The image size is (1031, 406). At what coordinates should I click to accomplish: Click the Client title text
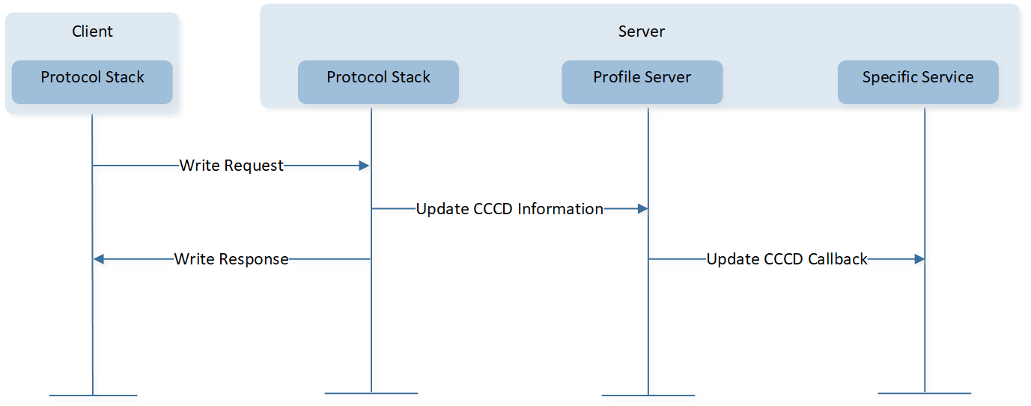[92, 31]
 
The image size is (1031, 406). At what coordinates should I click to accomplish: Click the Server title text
[641, 31]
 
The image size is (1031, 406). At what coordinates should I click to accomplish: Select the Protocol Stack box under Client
[92, 82]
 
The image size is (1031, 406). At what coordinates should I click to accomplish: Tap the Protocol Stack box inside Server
[378, 82]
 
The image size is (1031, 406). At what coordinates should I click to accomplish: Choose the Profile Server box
[642, 82]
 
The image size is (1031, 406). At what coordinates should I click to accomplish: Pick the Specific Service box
[918, 82]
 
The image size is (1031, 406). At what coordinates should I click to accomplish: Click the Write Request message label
[231, 166]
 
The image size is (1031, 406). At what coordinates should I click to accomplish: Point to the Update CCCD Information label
[510, 209]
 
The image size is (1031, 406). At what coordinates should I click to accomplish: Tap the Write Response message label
[231, 259]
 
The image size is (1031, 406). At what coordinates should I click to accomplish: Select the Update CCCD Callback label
[787, 259]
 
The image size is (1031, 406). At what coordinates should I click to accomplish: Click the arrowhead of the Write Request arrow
[365, 166]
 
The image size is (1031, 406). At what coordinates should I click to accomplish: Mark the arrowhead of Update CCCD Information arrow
[642, 209]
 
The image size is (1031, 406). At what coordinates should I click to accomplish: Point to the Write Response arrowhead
[99, 259]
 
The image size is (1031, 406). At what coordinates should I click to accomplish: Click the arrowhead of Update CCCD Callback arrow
[919, 259]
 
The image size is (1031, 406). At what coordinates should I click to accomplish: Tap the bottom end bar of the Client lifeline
[93, 396]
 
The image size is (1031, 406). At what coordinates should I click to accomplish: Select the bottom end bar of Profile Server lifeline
[648, 396]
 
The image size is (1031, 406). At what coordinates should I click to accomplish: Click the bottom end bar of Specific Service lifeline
[925, 393]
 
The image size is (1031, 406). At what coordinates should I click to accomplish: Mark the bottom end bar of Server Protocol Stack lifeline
[371, 393]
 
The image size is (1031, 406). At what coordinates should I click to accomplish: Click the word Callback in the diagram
[838, 259]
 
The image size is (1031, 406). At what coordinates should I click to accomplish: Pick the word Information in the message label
[560, 209]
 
